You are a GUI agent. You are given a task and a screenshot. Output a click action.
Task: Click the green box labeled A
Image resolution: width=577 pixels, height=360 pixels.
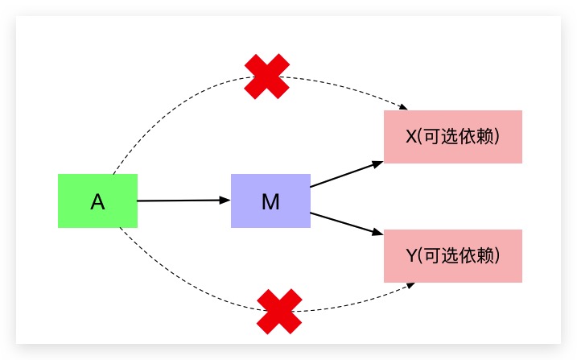97,201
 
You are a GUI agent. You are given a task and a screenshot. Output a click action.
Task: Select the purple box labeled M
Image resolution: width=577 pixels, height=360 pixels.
270,201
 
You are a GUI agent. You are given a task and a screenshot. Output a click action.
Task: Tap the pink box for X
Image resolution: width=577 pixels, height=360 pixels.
453,137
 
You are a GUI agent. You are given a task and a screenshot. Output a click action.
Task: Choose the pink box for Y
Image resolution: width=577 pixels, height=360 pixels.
453,256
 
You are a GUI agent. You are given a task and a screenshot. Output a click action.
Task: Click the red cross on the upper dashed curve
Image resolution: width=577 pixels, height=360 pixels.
267,77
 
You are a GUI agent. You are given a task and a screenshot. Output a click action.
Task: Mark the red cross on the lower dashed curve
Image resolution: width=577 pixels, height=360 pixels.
279,312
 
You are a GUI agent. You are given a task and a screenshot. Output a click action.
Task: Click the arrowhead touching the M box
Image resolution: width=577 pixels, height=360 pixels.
226,200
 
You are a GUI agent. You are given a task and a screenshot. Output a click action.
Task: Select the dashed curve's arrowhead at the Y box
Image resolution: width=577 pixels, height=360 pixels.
411,285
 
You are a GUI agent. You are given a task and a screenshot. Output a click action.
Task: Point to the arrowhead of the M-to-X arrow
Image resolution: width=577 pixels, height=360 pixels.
378,163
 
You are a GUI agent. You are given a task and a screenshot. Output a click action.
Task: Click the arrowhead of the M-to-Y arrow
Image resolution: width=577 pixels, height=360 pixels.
378,234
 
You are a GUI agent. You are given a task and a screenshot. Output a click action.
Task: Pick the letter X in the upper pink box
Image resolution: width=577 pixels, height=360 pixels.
411,137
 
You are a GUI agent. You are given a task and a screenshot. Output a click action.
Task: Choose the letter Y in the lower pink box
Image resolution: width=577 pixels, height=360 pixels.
411,256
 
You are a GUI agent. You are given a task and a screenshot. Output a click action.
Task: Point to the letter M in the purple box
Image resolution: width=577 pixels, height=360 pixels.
270,201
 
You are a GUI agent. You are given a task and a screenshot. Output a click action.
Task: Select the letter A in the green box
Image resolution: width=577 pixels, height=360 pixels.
97,202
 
